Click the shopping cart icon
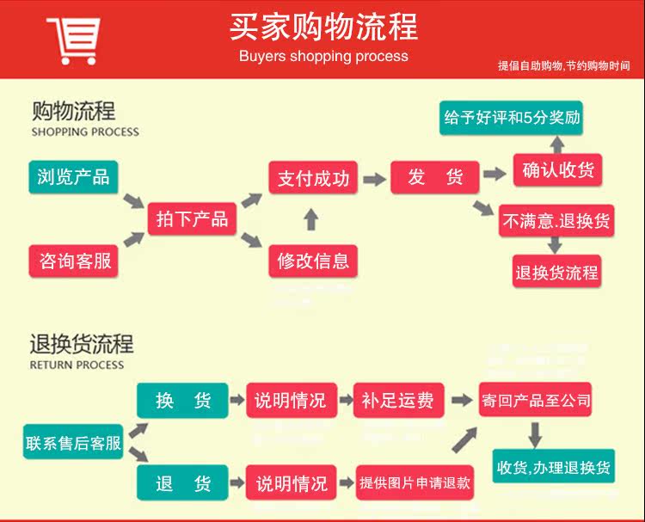[74, 40]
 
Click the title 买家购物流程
[323, 27]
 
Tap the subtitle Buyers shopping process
[323, 56]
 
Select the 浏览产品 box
[73, 176]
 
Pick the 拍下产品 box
[192, 218]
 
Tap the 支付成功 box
[313, 178]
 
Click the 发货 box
[434, 177]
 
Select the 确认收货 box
[557, 169]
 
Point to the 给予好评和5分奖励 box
[511, 118]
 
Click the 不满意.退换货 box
[556, 221]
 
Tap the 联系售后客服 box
[73, 444]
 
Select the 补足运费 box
[397, 400]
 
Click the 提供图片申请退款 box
[415, 482]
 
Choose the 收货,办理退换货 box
[554, 467]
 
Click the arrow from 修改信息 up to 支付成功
[311, 219]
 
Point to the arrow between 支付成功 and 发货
[373, 179]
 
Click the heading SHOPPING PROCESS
[85, 132]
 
